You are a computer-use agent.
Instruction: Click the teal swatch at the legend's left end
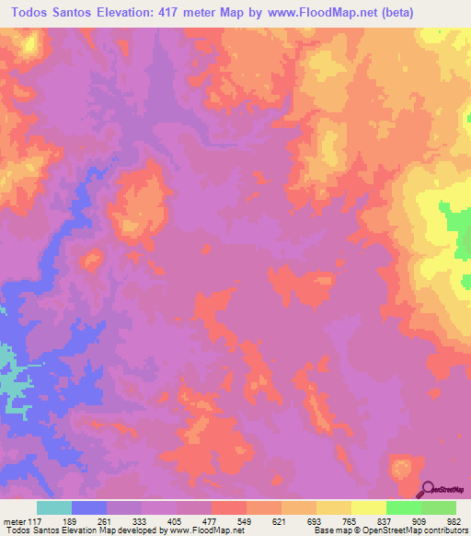[54, 508]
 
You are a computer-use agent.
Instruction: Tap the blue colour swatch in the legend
[89, 508]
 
